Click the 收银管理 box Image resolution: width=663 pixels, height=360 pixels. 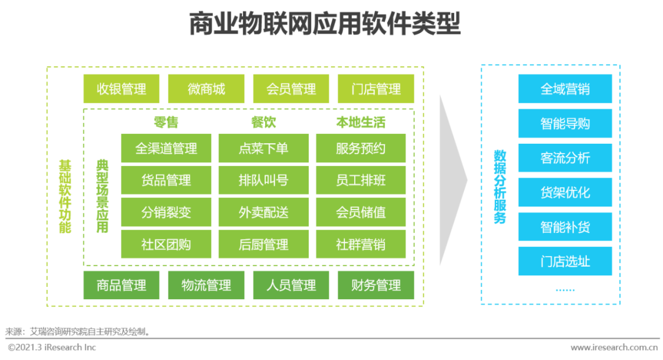(122, 89)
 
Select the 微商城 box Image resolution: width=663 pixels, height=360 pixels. (206, 89)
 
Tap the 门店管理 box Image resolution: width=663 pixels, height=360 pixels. (376, 89)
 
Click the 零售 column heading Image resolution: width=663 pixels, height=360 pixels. (166, 122)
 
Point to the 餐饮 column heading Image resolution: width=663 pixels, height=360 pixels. (263, 122)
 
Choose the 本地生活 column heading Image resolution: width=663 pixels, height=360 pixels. (361, 122)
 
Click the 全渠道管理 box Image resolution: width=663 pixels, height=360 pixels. (166, 149)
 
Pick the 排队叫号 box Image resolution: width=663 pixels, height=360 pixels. (263, 180)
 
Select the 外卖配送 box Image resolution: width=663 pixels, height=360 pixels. (263, 212)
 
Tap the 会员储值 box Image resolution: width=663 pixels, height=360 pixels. (361, 212)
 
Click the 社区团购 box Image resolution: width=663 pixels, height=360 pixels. (166, 244)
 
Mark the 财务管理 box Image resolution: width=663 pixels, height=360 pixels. (376, 285)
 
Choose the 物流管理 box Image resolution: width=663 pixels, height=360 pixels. (206, 285)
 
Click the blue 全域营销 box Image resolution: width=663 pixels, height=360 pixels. (565, 89)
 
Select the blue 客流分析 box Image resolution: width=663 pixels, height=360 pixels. (565, 158)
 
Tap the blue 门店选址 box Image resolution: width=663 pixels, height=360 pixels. (565, 261)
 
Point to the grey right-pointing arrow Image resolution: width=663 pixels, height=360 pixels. (453, 180)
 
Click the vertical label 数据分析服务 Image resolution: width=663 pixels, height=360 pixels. (500, 187)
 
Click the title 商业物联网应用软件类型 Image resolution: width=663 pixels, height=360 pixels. (325, 24)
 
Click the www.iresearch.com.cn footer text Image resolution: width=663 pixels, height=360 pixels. (614, 347)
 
